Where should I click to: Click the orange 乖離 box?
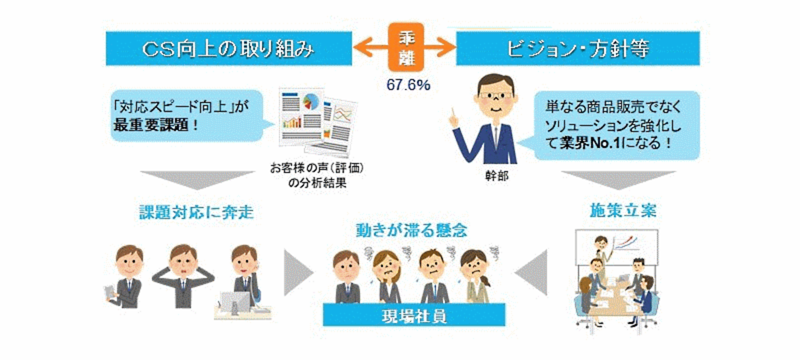406,47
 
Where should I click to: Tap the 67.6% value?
408,85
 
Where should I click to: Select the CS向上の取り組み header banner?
229,48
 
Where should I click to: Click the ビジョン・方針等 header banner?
578,48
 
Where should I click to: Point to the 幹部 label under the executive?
496,175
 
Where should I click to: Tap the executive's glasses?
495,95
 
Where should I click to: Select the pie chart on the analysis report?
310,101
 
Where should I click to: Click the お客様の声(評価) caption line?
317,168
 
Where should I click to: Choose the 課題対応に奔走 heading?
196,212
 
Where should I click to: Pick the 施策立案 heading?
623,210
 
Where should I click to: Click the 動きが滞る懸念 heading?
412,230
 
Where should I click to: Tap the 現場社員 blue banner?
414,314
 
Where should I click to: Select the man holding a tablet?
125,277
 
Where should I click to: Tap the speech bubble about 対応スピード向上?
189,115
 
